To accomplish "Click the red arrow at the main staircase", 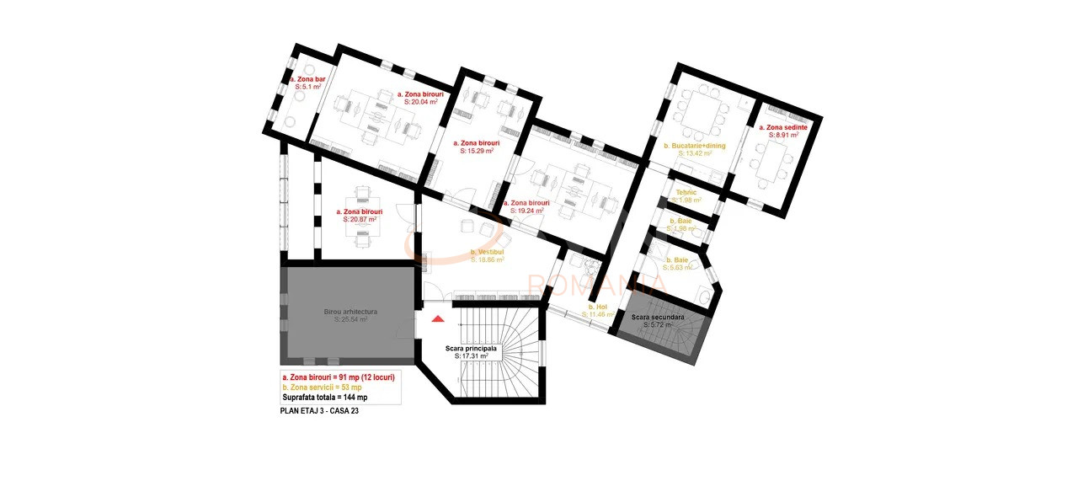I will [x=437, y=318].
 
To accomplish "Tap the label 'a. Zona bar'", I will [x=307, y=79].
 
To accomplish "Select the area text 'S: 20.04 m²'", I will [x=422, y=101].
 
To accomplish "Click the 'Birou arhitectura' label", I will [x=350, y=312].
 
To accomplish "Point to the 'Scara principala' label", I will [x=472, y=348].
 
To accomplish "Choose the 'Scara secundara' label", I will [x=658, y=317].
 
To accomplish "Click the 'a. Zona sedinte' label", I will [x=783, y=127].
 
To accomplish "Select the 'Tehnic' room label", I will [x=686, y=192].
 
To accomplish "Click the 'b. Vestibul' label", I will [x=487, y=252].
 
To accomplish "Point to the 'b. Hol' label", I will [x=598, y=307].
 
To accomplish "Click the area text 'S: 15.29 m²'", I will [x=477, y=152].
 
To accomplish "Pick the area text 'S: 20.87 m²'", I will [x=360, y=219].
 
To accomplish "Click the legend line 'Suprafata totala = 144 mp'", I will [x=325, y=397].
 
